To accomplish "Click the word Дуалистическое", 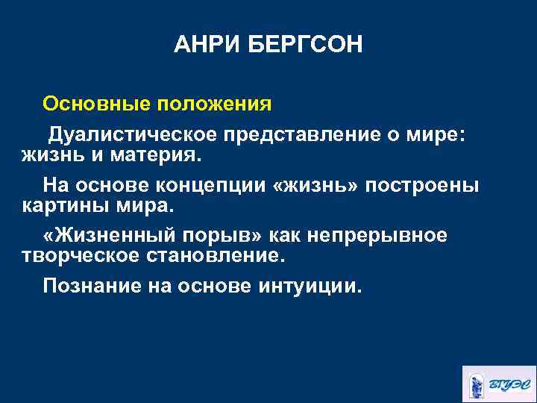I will [134, 135].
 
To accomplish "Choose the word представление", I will [311, 135].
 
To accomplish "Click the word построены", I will [427, 184].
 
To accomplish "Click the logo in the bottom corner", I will [497, 384].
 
